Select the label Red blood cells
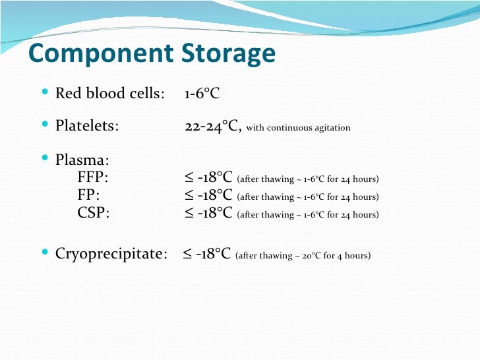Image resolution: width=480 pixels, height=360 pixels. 109,94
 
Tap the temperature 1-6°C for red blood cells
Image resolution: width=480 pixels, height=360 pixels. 202,94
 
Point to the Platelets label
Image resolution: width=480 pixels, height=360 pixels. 87,126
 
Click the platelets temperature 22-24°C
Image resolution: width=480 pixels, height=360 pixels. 212,126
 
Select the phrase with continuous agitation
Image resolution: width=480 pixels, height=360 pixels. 298,127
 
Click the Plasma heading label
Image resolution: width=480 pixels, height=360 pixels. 82,160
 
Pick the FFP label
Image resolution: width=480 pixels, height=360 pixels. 93,178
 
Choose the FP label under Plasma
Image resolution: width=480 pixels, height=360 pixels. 89,196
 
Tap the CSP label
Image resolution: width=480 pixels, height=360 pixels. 94,214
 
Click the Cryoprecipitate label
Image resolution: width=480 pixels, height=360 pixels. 111,254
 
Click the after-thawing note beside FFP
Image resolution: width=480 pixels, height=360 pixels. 307,179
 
